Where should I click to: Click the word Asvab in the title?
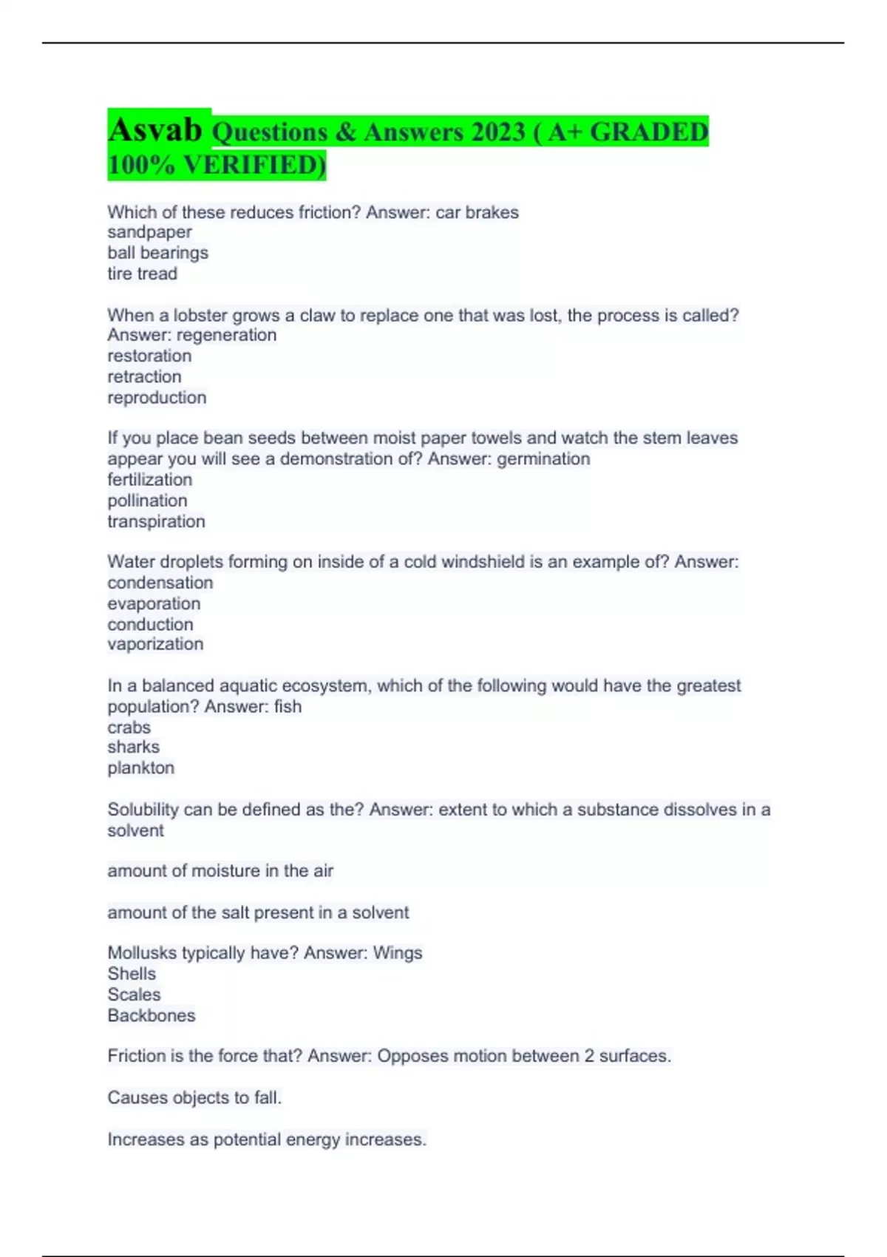click(x=155, y=130)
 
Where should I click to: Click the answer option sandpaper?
click(x=149, y=232)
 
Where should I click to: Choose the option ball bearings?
click(x=157, y=253)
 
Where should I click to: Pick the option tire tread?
click(x=142, y=274)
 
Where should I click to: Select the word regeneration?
click(x=227, y=335)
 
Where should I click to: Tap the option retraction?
click(x=144, y=376)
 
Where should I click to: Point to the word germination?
click(x=543, y=459)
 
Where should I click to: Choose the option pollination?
click(x=147, y=501)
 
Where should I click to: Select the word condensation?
click(x=160, y=583)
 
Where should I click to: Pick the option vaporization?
click(x=155, y=644)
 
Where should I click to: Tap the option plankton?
click(x=141, y=768)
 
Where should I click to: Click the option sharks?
click(x=133, y=747)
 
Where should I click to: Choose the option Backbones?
click(x=152, y=1016)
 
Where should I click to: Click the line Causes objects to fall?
click(x=194, y=1098)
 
